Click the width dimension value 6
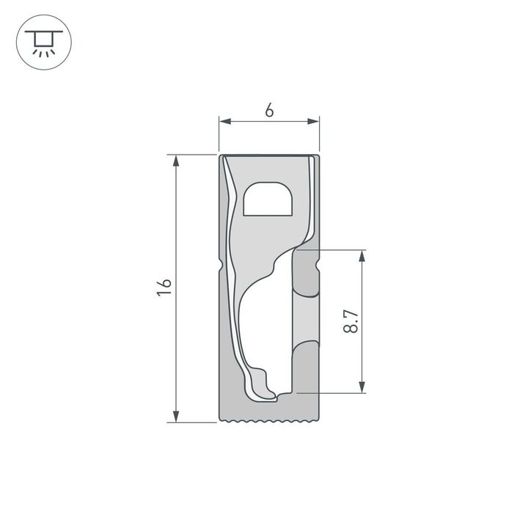tap(269, 111)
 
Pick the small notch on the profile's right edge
tap(320, 265)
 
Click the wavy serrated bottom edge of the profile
tap(270, 422)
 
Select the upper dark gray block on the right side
tap(306, 272)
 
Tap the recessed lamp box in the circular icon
tap(43, 37)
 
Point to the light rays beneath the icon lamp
tap(43, 52)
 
